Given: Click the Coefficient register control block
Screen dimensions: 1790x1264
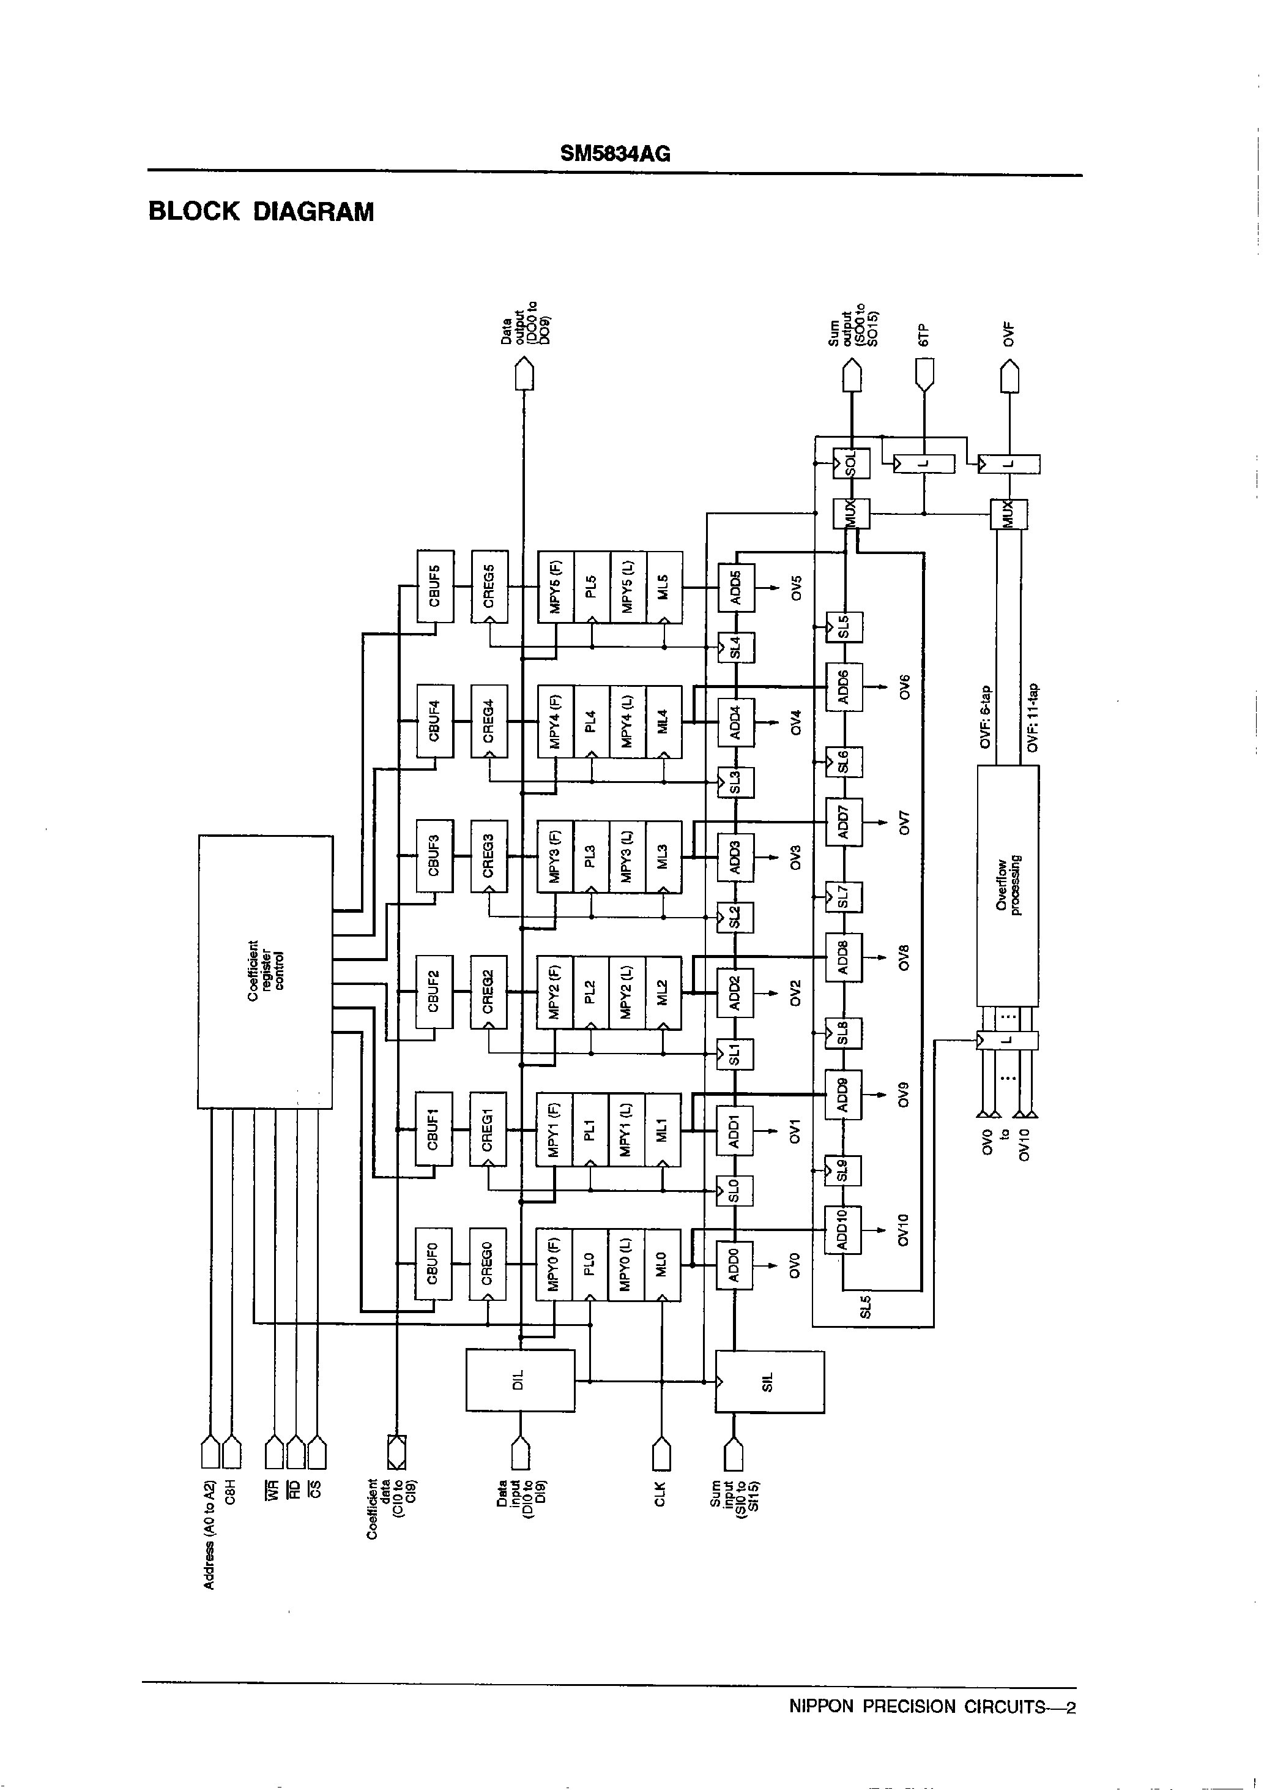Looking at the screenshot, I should point(265,972).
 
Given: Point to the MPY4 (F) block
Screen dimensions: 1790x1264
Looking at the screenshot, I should point(556,721).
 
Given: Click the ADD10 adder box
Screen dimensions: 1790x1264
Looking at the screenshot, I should point(843,1229).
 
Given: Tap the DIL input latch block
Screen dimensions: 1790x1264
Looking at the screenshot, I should point(521,1380).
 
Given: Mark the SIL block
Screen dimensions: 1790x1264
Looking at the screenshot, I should point(769,1380).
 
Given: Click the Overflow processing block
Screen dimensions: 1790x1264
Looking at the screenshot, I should point(1008,885).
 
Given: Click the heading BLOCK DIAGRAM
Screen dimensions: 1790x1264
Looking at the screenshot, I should point(261,212).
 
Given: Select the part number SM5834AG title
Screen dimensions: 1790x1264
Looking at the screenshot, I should point(615,154).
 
